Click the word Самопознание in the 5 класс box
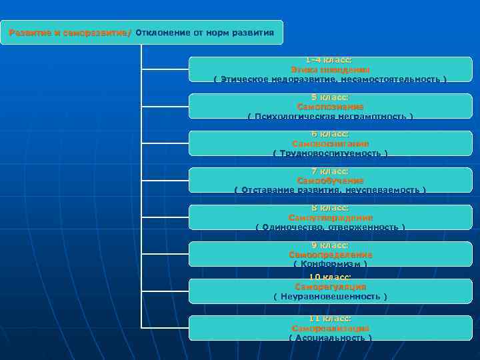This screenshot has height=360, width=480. tap(330, 107)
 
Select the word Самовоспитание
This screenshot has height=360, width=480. tap(330, 144)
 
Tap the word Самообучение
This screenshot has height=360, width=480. tap(330, 181)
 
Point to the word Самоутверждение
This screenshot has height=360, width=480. tap(330, 218)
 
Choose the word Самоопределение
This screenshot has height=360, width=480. tap(330, 255)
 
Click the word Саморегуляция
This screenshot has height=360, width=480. tap(330, 287)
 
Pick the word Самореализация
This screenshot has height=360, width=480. tap(330, 329)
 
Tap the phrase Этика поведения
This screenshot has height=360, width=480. tap(330, 69)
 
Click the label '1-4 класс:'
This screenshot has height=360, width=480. tap(330, 60)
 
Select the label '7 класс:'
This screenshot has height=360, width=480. tap(330, 171)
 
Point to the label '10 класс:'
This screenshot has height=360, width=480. tap(330, 277)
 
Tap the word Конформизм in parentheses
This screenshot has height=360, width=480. tap(330, 264)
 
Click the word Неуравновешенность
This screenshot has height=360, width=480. tap(330, 296)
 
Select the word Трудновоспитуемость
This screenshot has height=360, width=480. tap(330, 153)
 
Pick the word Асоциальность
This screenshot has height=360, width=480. tap(330, 338)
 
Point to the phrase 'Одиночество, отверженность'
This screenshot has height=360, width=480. tap(330, 227)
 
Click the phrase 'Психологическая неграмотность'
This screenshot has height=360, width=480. tap(330, 117)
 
